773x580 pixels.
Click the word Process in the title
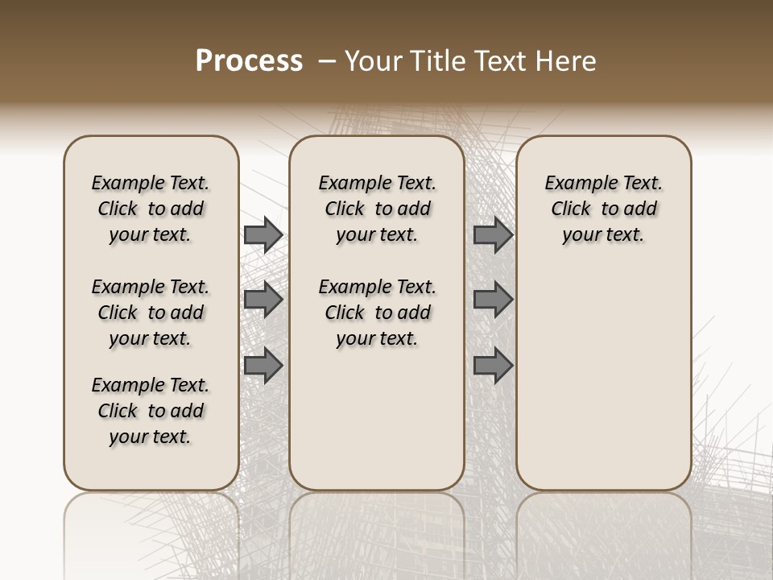249,61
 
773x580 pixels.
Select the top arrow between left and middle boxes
263,234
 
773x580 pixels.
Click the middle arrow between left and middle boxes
263,300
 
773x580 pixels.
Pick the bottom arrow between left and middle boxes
263,367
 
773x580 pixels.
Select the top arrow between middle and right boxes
493,234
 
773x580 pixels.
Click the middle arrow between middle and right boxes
493,300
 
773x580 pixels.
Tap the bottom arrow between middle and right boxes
493,367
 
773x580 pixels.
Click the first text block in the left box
151,209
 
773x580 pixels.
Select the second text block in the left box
151,313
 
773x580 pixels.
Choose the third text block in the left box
151,411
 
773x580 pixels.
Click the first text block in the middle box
377,209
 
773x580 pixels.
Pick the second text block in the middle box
377,313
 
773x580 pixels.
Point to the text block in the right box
603,209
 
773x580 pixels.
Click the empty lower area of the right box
603,379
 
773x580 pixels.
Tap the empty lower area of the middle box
377,419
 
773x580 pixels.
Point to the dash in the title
328,61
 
